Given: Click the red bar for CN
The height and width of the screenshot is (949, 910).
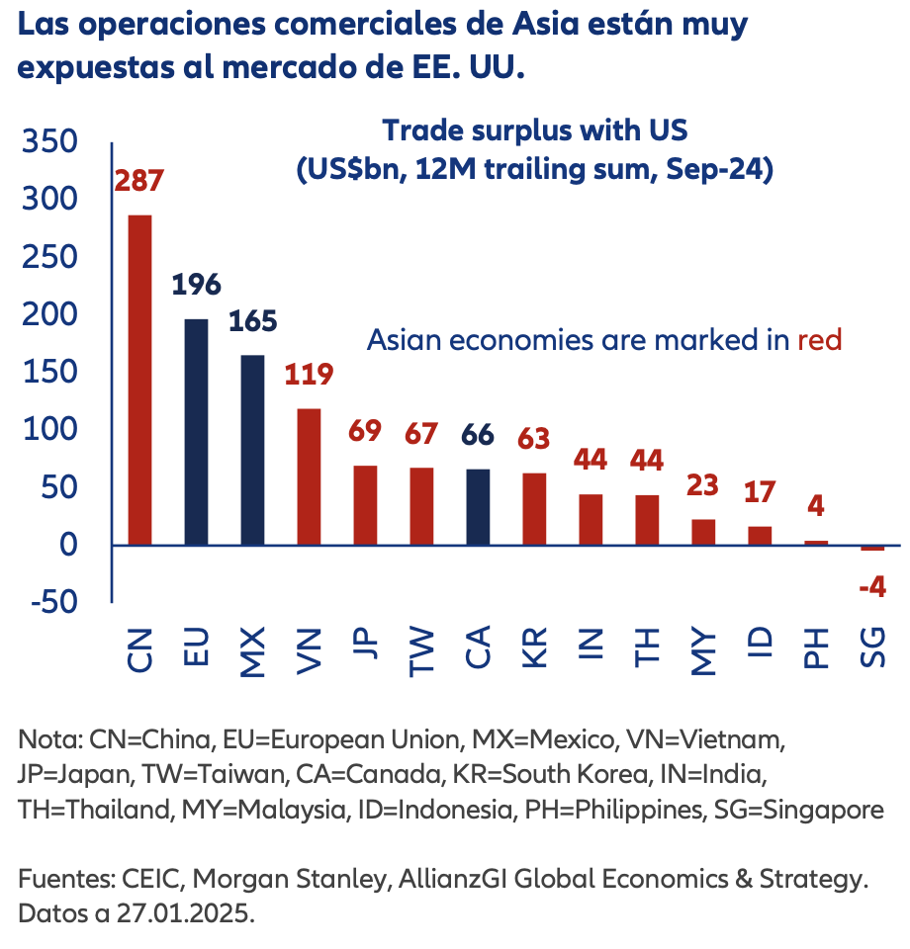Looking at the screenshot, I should [139, 380].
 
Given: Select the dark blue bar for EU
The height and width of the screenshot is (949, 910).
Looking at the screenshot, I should [196, 432].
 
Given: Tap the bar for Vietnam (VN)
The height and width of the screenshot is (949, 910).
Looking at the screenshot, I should [309, 476].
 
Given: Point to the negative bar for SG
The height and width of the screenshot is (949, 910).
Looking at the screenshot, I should [872, 548].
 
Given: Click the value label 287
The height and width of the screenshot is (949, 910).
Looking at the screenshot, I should [138, 182].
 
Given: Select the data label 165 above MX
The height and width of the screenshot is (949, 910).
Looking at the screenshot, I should [252, 322].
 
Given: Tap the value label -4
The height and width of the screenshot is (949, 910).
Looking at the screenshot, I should [871, 586].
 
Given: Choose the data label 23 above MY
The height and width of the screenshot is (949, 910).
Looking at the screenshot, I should [703, 485].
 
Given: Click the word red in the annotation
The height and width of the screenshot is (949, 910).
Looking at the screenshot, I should [819, 340].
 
